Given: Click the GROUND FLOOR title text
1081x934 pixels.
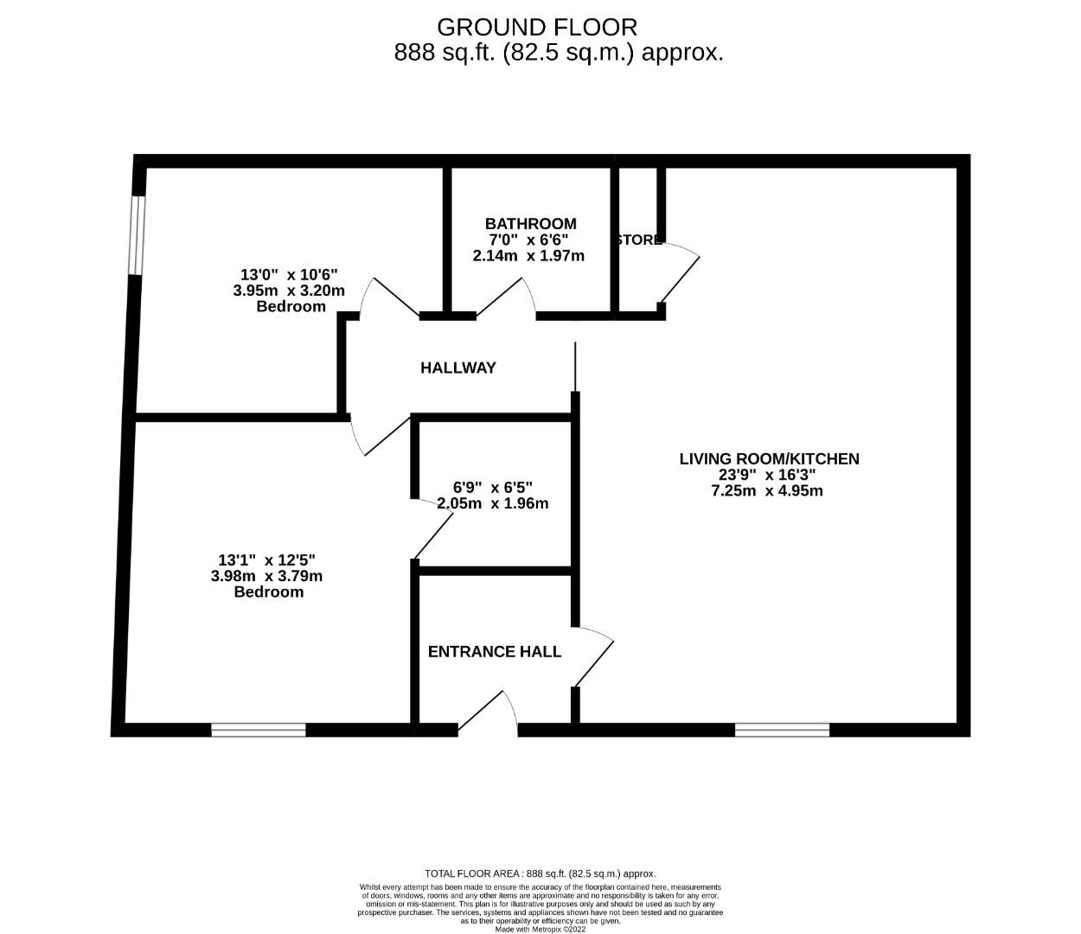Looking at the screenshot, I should (537, 27).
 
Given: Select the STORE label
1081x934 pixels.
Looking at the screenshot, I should (638, 240).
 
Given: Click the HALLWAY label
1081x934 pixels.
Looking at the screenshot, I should (458, 368).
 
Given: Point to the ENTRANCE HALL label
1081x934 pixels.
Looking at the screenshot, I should (495, 651).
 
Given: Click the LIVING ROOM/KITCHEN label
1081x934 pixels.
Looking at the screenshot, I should (769, 458).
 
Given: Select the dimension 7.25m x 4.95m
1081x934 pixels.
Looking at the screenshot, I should (766, 490).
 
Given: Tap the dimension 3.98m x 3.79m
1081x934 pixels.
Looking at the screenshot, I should (266, 576).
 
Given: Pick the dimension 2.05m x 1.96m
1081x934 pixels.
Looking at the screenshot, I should (492, 503).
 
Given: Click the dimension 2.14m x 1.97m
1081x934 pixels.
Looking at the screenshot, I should (528, 256).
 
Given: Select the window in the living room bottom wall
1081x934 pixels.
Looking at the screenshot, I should (782, 730).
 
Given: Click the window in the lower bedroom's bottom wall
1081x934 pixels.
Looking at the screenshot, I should (259, 730).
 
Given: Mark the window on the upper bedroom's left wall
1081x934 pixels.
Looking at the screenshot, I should (136, 235).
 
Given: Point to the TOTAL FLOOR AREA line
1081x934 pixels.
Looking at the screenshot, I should (540, 873).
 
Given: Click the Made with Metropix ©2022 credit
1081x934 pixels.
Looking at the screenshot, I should (540, 930).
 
